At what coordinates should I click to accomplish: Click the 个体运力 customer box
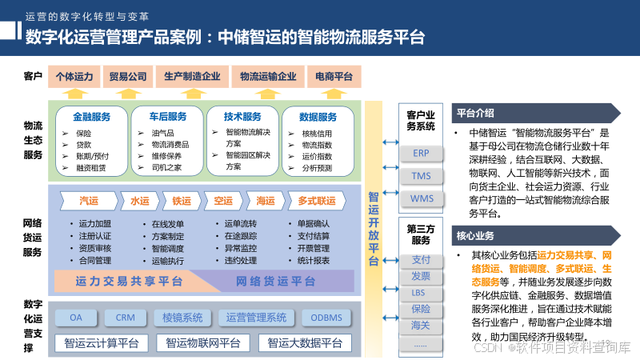[74, 77]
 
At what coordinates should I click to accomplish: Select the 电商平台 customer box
[334, 77]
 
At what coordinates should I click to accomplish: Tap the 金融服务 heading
[91, 116]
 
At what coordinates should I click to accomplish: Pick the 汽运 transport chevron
[89, 201]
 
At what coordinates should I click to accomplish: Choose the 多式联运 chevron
[316, 201]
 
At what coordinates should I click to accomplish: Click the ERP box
[421, 153]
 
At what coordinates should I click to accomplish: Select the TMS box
[421, 175]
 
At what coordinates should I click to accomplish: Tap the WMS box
[421, 198]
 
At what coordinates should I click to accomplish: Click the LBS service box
[421, 292]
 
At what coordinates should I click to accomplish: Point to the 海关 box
[421, 325]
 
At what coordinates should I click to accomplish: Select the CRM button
[125, 318]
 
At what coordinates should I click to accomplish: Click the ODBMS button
[326, 318]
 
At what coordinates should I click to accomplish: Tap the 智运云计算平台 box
[102, 343]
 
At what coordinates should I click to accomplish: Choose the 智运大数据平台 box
[305, 343]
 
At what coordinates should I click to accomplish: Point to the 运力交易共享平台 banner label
[129, 282]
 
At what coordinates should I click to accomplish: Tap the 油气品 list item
[162, 133]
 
